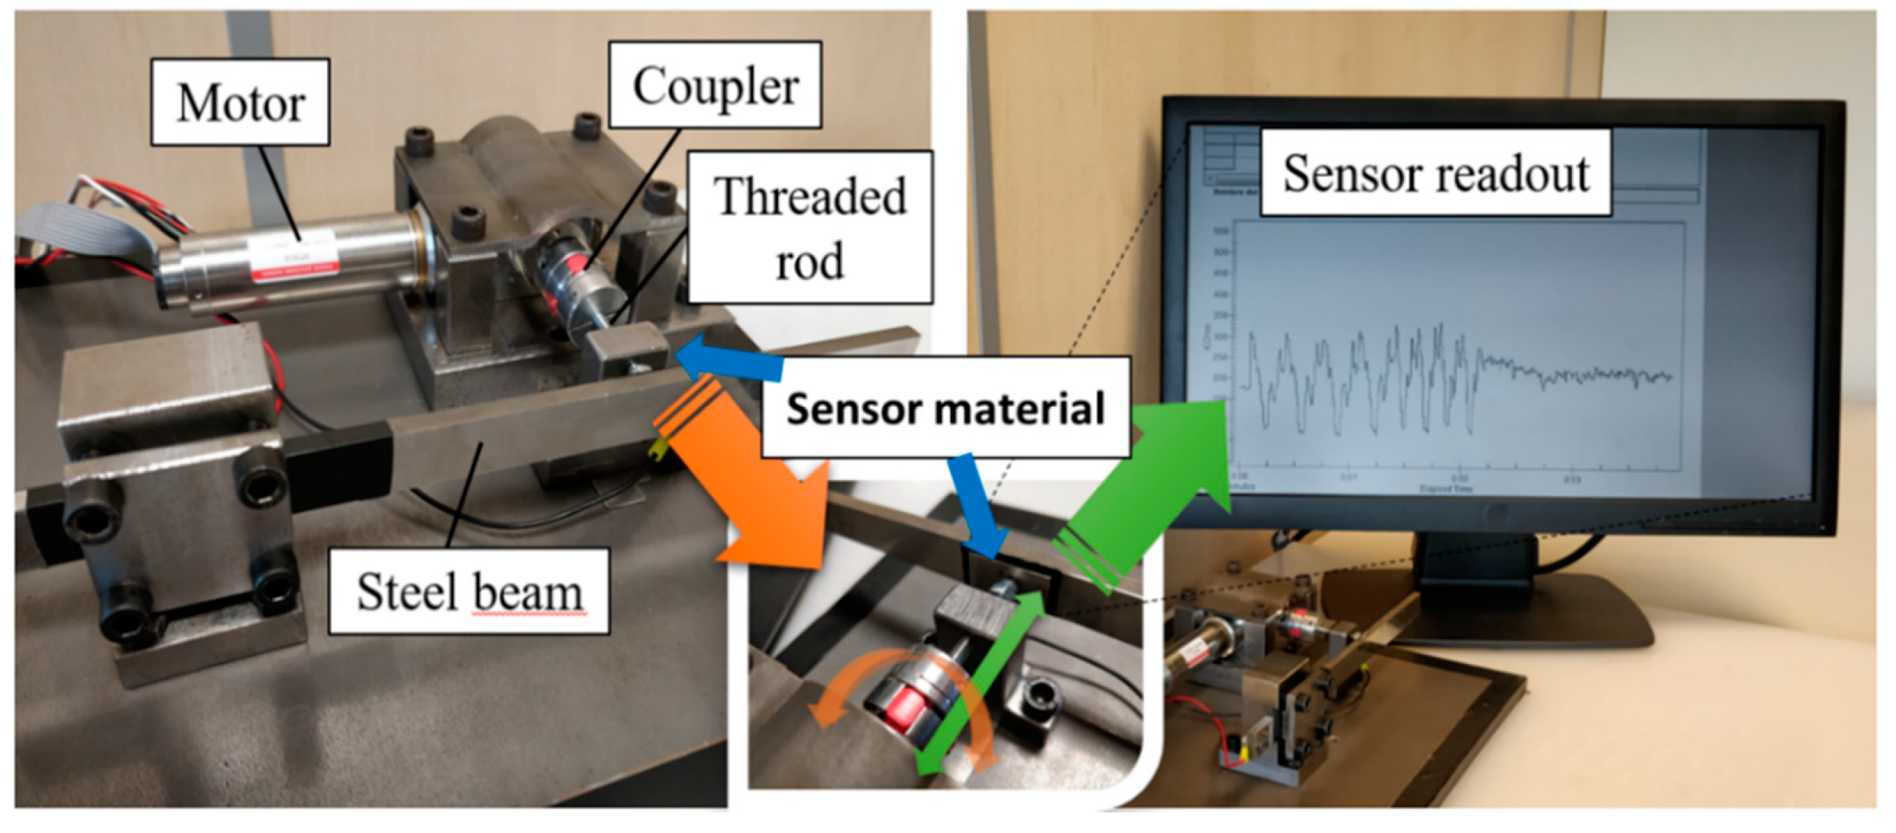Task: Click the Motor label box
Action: point(240,102)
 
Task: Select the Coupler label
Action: point(715,84)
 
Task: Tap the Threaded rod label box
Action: point(810,227)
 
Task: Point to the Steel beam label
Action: point(469,591)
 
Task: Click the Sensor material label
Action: point(945,409)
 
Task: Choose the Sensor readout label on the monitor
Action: point(1435,173)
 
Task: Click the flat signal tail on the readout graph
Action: point(1582,375)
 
